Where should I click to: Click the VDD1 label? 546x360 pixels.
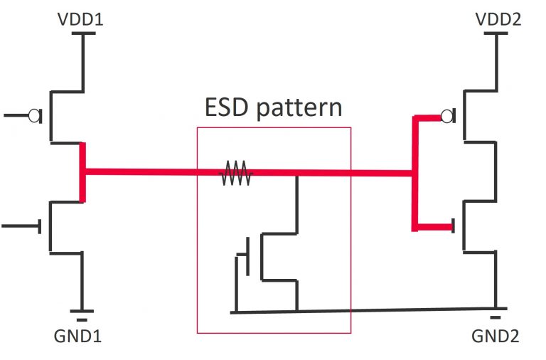coord(80,18)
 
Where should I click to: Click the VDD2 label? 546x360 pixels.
coord(497,18)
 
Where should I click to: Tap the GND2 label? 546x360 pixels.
coord(495,337)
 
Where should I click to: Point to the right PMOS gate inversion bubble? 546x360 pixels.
coord(447,116)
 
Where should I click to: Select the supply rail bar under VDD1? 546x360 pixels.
coord(83,33)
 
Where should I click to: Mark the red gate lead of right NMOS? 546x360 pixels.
coord(433,228)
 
